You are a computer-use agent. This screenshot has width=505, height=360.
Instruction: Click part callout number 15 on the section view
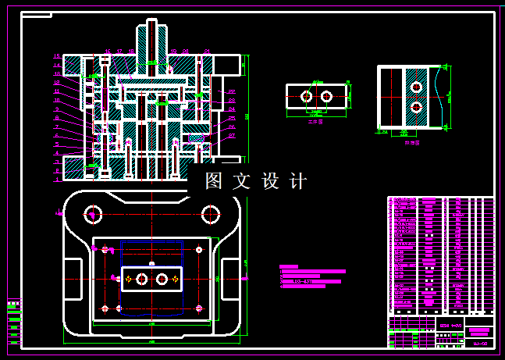[57, 56]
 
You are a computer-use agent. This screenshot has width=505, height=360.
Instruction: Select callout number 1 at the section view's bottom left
[57, 179]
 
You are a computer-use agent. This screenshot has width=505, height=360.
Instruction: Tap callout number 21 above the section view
[206, 52]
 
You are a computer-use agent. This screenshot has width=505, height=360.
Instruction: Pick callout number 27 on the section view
[232, 136]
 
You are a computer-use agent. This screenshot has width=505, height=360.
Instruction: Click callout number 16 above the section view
[108, 52]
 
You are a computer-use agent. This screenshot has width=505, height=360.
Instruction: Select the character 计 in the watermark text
[298, 181]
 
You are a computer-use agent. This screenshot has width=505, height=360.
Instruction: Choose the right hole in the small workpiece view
[326, 96]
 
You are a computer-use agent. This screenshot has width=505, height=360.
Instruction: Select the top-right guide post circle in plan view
[209, 212]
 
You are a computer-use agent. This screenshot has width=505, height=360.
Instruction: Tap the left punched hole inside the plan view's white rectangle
[141, 279]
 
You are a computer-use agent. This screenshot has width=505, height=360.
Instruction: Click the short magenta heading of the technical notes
[288, 267]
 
